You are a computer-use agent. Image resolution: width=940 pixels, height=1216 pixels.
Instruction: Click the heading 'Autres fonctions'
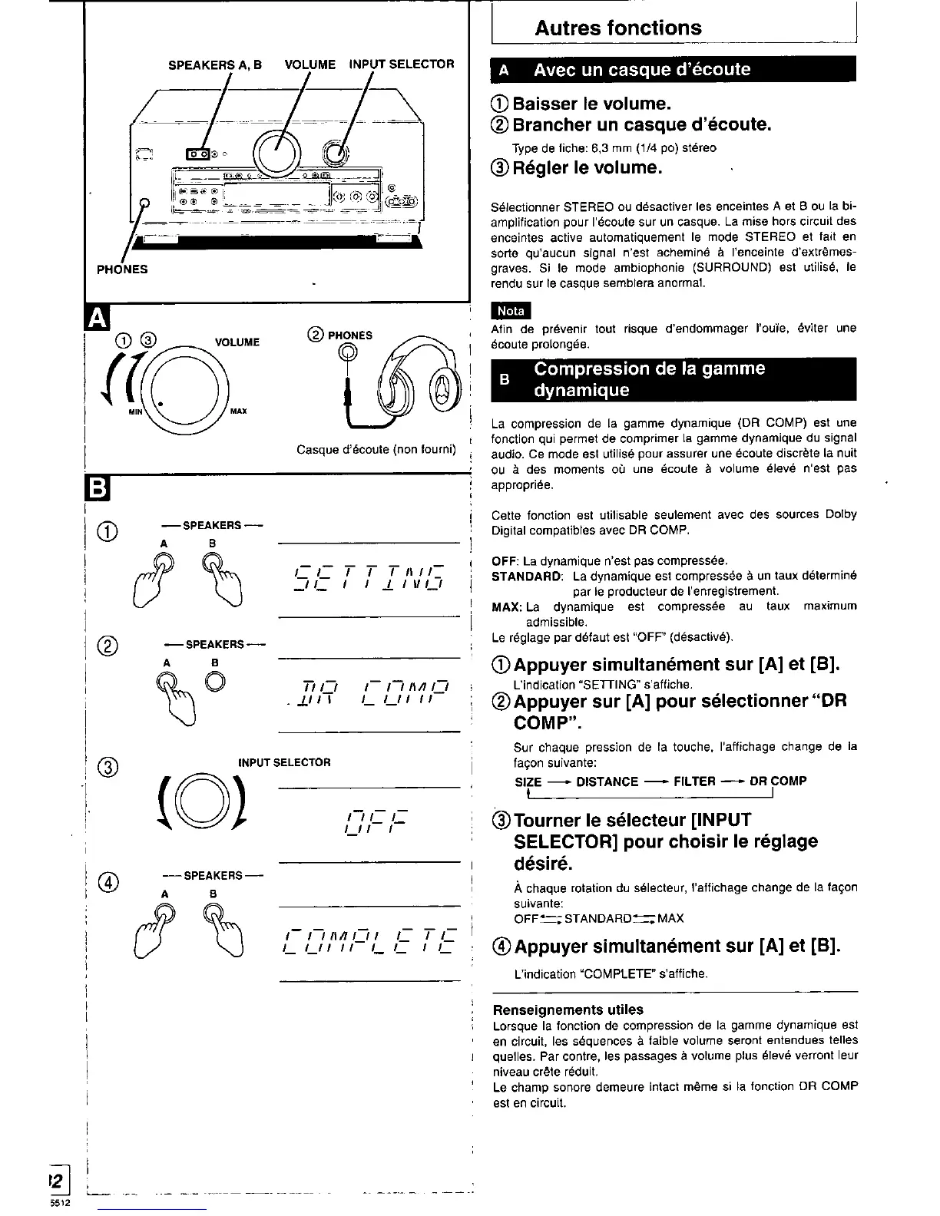click(617, 28)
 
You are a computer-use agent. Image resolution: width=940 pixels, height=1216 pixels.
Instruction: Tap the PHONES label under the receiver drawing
click(122, 269)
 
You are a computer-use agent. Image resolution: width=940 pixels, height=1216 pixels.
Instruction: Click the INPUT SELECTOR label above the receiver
click(402, 64)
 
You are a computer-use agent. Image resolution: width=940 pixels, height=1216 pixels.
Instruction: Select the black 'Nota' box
click(511, 311)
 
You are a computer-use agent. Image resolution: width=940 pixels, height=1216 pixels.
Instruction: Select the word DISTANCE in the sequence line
click(607, 781)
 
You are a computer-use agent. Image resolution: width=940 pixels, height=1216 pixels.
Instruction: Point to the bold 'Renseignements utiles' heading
click(568, 1009)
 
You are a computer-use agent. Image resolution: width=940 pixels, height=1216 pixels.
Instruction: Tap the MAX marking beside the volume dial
click(238, 411)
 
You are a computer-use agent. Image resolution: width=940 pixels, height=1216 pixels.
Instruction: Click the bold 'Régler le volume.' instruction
click(587, 167)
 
